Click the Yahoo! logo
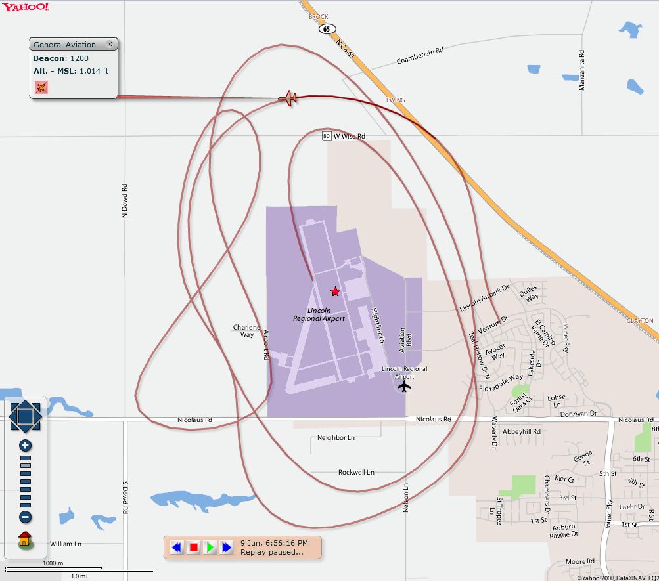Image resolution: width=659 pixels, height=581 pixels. [x=25, y=7]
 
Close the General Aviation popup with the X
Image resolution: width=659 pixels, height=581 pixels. [x=110, y=44]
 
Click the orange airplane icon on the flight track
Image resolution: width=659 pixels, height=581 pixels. [x=288, y=98]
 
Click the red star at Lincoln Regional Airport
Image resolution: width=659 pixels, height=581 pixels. [x=335, y=291]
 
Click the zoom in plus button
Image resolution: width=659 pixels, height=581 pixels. [x=26, y=446]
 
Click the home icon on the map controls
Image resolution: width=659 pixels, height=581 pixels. [x=25, y=540]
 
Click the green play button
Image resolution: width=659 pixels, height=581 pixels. [x=210, y=547]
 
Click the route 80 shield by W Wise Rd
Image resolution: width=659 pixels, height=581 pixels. [x=327, y=136]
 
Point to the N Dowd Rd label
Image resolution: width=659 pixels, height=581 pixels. [x=124, y=201]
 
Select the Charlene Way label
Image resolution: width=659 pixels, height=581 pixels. [x=246, y=331]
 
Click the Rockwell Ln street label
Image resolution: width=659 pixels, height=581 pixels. [x=356, y=472]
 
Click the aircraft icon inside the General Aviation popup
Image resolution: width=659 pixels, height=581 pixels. [x=41, y=87]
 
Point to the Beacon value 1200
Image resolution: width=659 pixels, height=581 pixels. [x=80, y=58]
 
